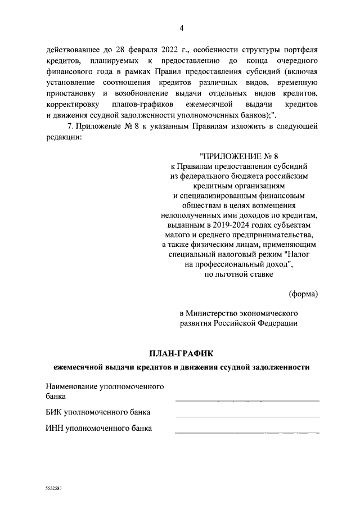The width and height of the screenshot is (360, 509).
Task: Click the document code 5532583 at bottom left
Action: click(x=53, y=489)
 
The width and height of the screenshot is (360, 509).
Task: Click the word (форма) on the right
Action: click(x=303, y=294)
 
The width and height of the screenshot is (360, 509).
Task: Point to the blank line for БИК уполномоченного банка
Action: click(x=247, y=416)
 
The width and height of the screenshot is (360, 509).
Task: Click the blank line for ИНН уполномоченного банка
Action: click(x=247, y=433)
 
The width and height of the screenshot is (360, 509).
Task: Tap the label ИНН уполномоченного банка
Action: click(x=98, y=429)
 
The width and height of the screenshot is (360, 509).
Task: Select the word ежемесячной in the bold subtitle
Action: click(x=80, y=367)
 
